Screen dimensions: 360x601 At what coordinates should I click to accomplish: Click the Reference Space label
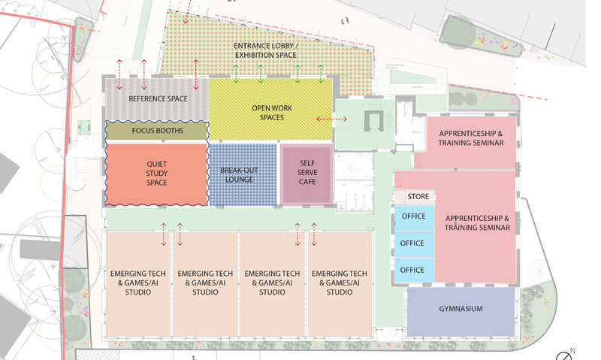[x=158, y=98]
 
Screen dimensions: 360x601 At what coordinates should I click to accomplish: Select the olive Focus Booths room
[x=157, y=131]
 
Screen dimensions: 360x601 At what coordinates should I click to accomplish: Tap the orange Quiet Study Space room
[x=157, y=173]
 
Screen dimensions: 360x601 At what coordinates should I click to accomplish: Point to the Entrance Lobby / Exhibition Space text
[x=265, y=51]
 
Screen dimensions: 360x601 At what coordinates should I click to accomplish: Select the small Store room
[x=418, y=197]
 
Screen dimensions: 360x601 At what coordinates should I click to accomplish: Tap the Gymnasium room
[x=461, y=309]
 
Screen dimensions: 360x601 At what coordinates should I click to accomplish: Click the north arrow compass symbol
[x=565, y=355]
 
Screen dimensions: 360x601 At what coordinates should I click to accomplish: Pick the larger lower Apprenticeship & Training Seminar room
[x=477, y=223]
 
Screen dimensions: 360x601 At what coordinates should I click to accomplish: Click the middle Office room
[x=412, y=244]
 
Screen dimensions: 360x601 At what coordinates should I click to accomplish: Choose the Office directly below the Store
[x=412, y=216]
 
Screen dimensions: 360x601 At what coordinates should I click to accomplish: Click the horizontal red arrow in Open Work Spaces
[x=326, y=119]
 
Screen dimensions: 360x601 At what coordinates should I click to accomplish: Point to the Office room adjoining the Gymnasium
[x=412, y=270]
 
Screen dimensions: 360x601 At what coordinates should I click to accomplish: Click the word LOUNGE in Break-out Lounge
[x=240, y=180]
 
